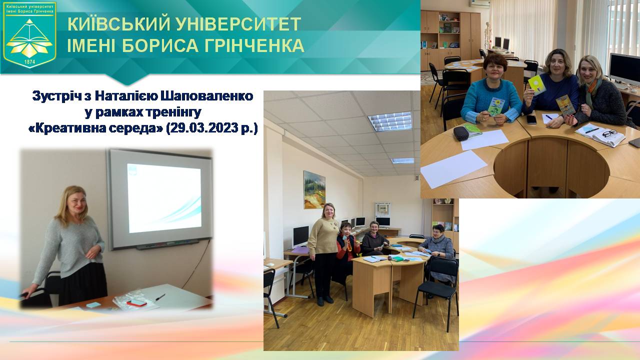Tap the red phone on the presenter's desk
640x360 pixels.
pos(136,302)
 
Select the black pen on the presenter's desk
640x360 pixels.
pos(160,297)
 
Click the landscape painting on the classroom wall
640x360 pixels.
pos(314,189)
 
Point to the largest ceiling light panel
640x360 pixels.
pos(390,121)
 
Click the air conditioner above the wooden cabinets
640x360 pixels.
pos(479,2)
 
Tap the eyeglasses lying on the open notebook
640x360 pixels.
pos(609,133)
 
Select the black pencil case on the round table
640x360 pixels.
pos(460,133)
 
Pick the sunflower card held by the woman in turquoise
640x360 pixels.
pos(496,106)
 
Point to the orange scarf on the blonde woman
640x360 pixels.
pos(593,90)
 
